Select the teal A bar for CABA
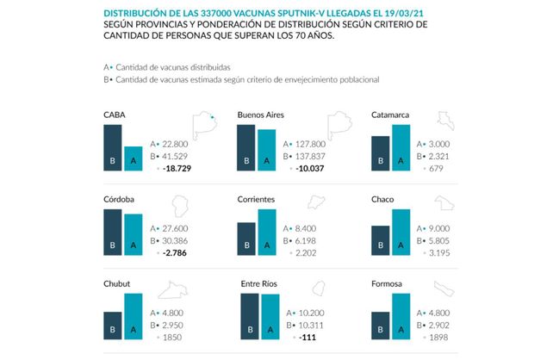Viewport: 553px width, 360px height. (133, 159)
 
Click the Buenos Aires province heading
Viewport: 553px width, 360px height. (261, 114)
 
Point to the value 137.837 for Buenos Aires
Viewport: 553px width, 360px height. (308, 156)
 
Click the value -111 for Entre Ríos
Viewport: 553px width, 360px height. (304, 339)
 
